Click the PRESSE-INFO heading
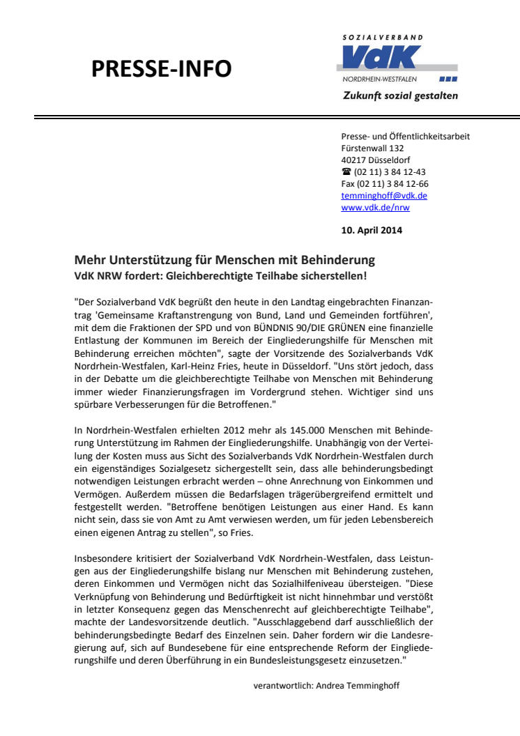tap(162, 69)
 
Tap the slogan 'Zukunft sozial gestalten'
tap(400, 95)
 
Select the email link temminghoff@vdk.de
tap(384, 196)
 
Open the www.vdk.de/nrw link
tap(376, 208)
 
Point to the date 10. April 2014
tap(372, 230)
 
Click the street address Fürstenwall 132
tap(372, 148)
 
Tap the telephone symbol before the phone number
tap(346, 172)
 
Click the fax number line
tap(385, 184)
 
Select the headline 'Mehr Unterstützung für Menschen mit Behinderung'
tap(224, 260)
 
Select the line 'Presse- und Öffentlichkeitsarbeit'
tap(405, 137)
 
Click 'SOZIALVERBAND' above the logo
tap(383, 37)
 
